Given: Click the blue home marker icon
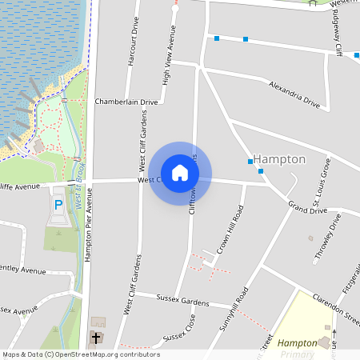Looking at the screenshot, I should point(180,172).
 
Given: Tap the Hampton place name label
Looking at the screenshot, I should point(279,159).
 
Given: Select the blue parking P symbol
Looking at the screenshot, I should point(58,206).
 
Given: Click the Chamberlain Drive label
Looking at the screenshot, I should point(126,102).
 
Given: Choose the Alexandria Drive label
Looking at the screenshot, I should point(294,95).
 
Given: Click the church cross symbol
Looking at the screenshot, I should point(97,338).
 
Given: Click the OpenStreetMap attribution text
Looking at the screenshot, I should point(82,354).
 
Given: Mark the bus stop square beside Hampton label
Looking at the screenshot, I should point(250,162).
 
